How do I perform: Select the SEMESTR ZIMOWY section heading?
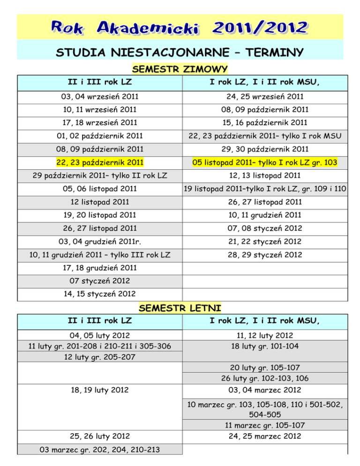180,69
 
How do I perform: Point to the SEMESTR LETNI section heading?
180,308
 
